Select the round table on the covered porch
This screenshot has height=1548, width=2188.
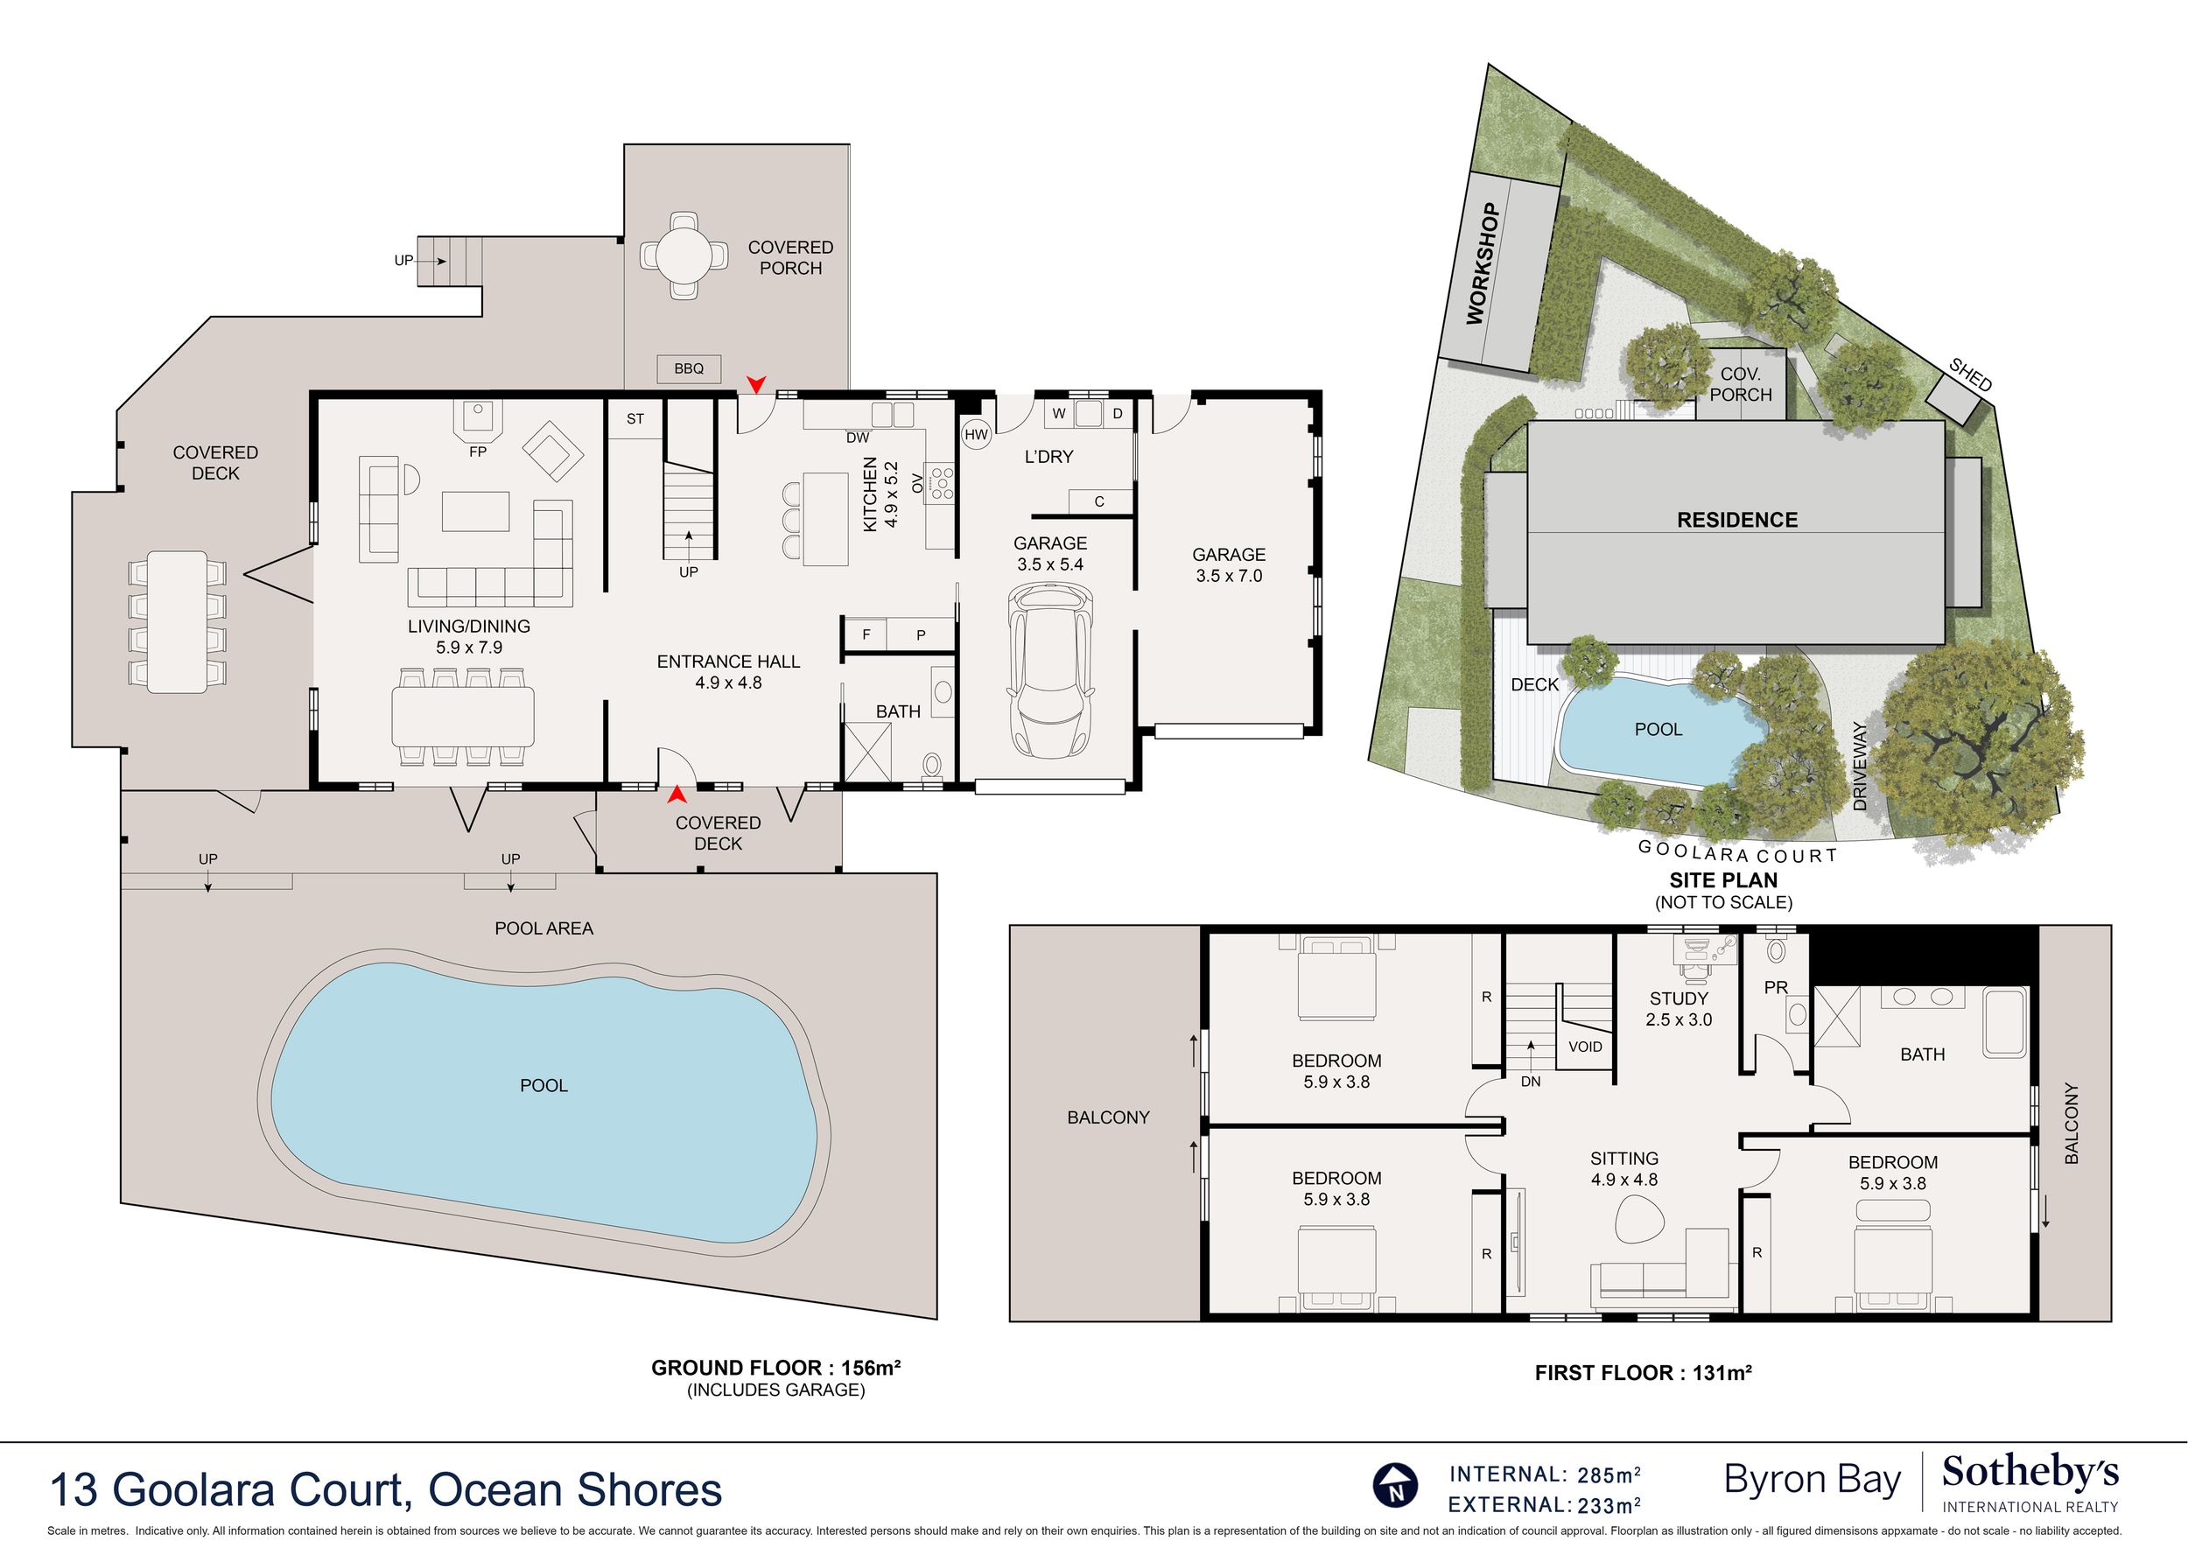click(683, 256)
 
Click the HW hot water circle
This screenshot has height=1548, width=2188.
click(976, 435)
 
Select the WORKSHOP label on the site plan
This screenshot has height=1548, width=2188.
click(1483, 264)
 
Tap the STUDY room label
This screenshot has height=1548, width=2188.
click(1679, 998)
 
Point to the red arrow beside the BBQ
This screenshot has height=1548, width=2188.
click(756, 383)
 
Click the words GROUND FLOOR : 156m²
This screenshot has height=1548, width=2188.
click(776, 1368)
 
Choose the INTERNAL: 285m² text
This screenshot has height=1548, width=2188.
click(1546, 1474)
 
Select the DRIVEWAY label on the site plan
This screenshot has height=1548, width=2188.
click(1860, 766)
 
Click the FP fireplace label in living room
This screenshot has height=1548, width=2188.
click(478, 452)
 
